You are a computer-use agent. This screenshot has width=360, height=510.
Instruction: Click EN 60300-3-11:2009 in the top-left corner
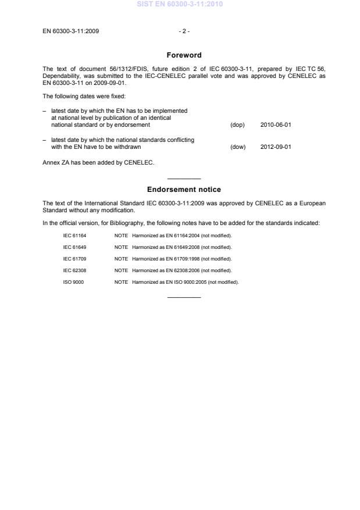pos(70,31)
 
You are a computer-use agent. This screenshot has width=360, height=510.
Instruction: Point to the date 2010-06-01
pos(276,124)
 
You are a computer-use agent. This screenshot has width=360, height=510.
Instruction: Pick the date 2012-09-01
pos(276,147)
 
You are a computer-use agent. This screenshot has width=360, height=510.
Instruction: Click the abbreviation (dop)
pos(237,124)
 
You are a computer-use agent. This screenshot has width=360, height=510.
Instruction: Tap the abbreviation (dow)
pos(238,147)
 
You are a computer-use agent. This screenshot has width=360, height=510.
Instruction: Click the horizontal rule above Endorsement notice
pos(184,179)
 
